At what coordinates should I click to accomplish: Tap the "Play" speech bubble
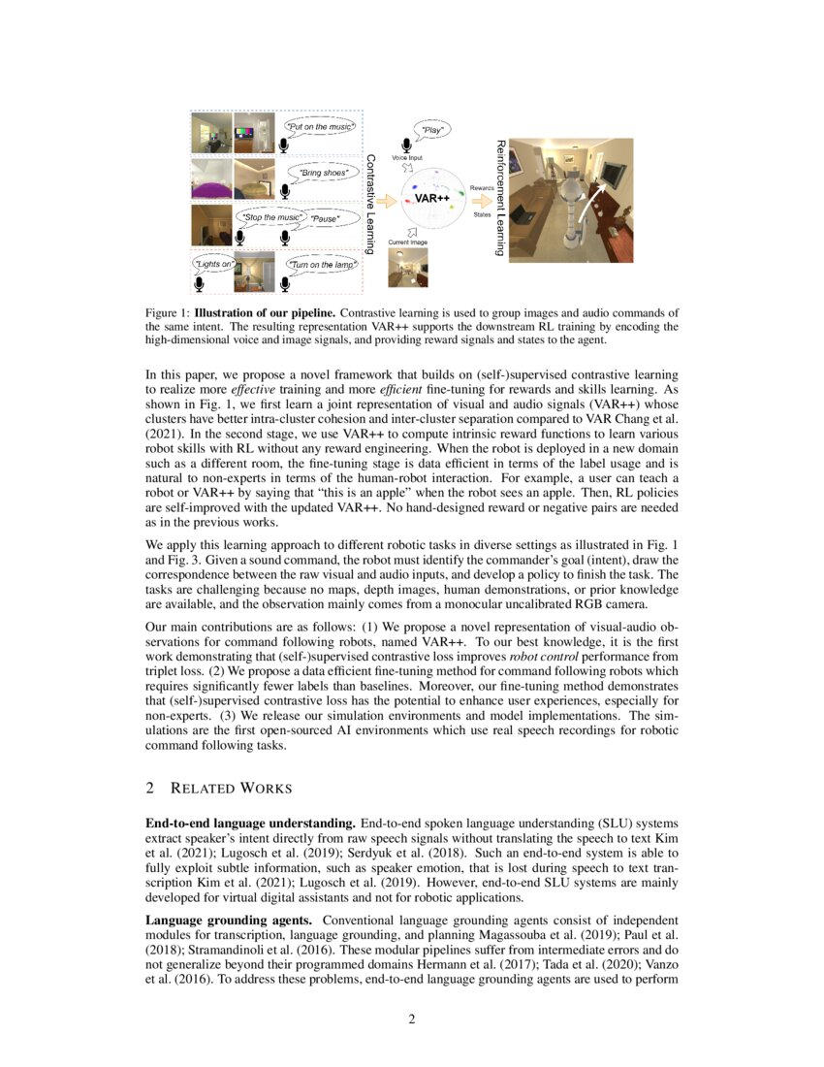coord(433,128)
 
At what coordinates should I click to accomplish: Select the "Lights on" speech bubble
coord(213,263)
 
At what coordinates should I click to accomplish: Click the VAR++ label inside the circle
coord(431,198)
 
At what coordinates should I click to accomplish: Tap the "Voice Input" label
coord(407,156)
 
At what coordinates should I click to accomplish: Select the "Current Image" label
coord(407,240)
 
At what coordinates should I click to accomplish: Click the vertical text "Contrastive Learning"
coord(370,203)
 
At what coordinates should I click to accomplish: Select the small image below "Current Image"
coord(407,268)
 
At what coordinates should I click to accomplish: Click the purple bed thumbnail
coord(212,178)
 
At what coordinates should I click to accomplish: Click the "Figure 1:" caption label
coord(168,313)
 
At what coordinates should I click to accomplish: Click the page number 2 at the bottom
coord(412,1018)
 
